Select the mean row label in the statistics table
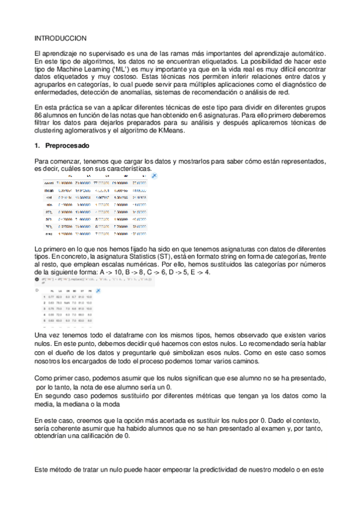coord(49,189)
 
